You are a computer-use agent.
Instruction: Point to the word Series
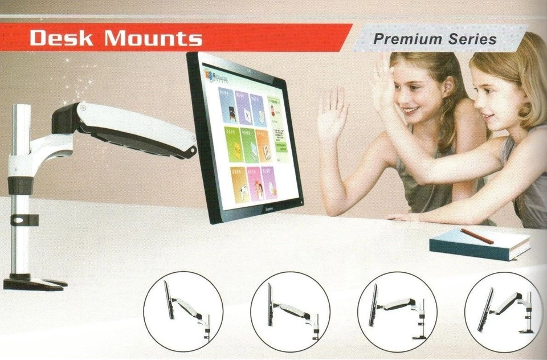(x=472, y=39)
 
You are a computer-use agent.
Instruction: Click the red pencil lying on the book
(x=477, y=236)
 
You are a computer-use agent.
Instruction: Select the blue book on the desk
(x=479, y=246)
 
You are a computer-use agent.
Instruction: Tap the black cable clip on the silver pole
(x=26, y=219)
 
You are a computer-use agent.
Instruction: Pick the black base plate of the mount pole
(x=31, y=283)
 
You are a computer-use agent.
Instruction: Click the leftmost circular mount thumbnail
(x=183, y=311)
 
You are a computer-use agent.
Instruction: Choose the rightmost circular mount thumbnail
(x=504, y=311)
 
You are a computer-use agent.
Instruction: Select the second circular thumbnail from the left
(x=290, y=311)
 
